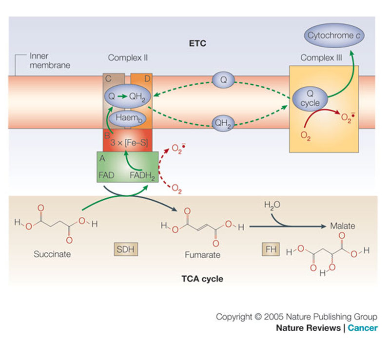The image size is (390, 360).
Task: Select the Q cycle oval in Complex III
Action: coord(310,98)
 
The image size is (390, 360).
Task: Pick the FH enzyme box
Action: coord(270,249)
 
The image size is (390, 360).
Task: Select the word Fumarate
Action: coord(203,255)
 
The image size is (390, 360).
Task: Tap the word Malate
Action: coord(343,226)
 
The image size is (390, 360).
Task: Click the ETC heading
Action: coord(197,44)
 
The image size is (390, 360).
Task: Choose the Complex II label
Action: coord(128,58)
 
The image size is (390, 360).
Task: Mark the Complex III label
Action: coord(321,58)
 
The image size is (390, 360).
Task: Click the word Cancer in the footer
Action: coord(362,328)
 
